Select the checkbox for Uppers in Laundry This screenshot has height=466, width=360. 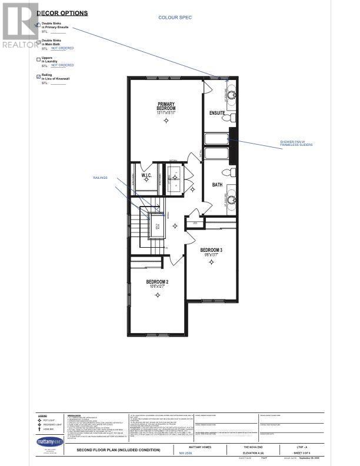[x=39, y=59]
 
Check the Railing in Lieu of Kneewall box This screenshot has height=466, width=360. [x=39, y=76]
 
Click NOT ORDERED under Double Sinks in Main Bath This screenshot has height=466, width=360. [x=62, y=48]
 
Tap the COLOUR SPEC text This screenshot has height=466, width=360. [x=175, y=18]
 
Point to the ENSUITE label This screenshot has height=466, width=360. [x=217, y=112]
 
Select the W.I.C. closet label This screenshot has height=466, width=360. [x=146, y=175]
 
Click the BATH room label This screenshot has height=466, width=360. [x=217, y=184]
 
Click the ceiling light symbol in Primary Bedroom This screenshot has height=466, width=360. [x=166, y=121]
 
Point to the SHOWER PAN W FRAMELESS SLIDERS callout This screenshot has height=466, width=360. [x=292, y=144]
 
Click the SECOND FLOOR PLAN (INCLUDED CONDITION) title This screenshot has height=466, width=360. [x=115, y=450]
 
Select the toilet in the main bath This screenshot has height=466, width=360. [x=230, y=172]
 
